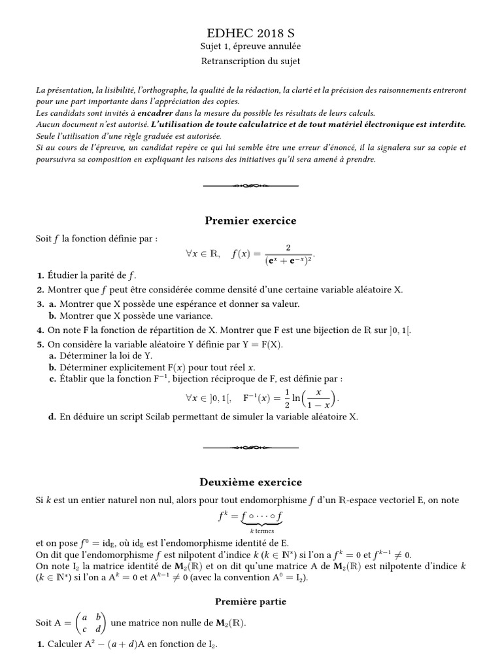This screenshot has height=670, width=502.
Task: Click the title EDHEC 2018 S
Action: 250,33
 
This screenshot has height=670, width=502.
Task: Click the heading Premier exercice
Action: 250,220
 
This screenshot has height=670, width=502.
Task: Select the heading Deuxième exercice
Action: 250,482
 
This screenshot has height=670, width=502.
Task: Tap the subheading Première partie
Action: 250,601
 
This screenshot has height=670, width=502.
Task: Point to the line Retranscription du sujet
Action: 250,61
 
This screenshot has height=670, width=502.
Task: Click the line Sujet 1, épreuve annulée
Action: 250,47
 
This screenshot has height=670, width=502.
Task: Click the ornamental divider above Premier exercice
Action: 250,186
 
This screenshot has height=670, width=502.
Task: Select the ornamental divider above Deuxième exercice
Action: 250,448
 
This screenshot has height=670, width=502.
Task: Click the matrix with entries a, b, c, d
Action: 89,623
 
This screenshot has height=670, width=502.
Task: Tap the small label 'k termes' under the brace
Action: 250,531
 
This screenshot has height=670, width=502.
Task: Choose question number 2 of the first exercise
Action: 41,290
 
